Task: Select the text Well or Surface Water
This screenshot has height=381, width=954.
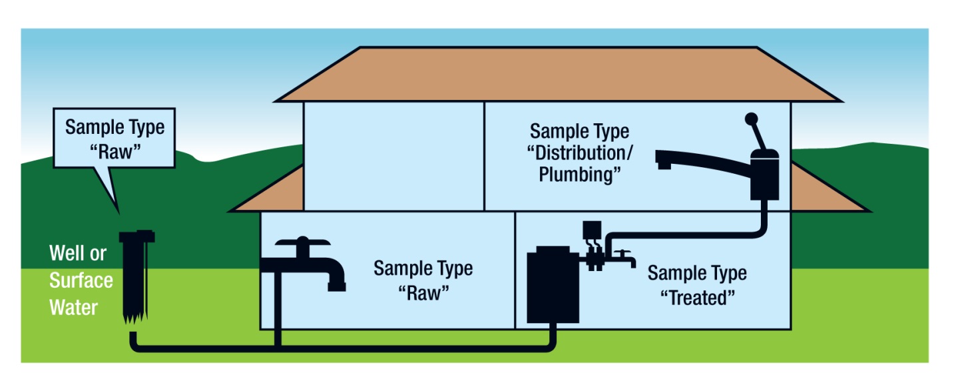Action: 80,280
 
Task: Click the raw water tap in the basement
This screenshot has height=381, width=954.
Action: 303,264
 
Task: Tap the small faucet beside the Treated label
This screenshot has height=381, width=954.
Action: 622,257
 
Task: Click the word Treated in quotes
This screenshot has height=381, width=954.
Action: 696,298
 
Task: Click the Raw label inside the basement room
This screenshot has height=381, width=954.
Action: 423,292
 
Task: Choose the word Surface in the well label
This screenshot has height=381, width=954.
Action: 81,280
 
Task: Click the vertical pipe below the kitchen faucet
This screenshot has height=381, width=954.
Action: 762,216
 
